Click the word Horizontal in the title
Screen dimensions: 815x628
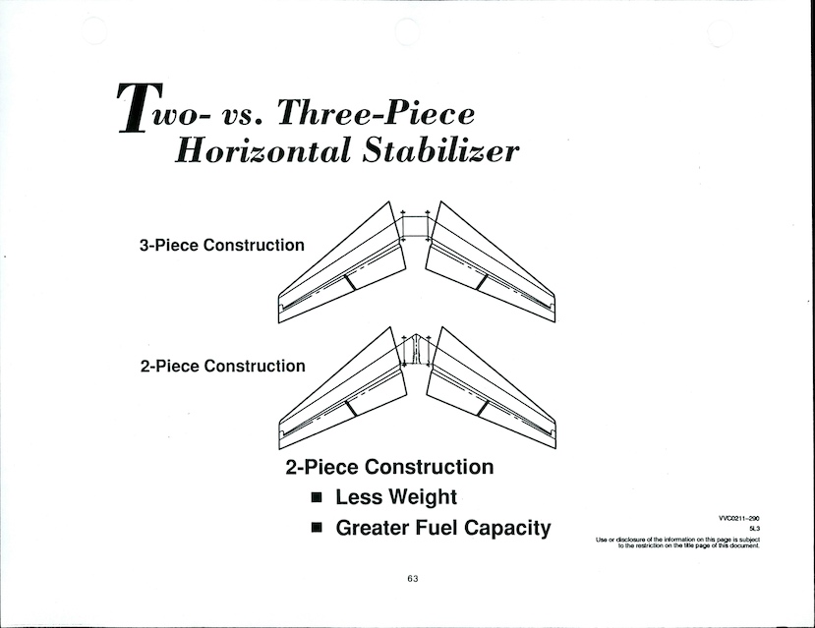tap(262, 151)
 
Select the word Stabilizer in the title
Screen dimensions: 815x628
tap(441, 150)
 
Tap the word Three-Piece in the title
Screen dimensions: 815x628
tap(377, 112)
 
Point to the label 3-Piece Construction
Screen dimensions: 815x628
tap(222, 245)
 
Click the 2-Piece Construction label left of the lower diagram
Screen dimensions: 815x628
tap(223, 367)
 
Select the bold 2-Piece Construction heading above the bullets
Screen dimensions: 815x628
tap(389, 467)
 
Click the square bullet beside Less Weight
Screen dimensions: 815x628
tap(317, 497)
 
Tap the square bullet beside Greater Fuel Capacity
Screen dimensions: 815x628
tap(317, 528)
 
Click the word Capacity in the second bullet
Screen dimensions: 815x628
tap(507, 529)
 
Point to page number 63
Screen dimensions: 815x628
tap(413, 579)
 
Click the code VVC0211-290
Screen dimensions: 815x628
tap(739, 518)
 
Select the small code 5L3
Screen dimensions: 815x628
tap(755, 529)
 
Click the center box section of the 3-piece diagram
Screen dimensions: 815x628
tap(415, 227)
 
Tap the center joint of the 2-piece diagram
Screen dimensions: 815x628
tap(415, 350)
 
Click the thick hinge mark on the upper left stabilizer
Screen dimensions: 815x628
tap(350, 282)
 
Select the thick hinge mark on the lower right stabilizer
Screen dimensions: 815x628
tap(483, 408)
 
